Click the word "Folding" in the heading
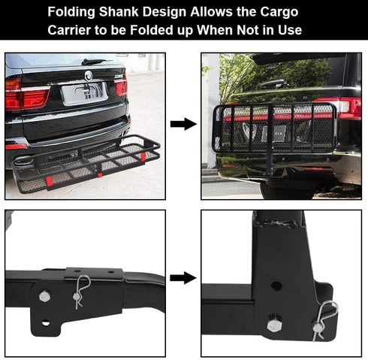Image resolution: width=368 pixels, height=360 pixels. point(75,13)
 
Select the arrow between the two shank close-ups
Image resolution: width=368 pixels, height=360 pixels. point(183,277)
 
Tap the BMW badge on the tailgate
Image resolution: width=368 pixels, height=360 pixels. point(87,75)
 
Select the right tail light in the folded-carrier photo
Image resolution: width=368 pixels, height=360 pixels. point(347,106)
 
